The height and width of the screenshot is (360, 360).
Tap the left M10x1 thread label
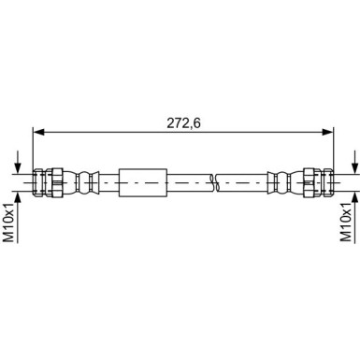[9, 223]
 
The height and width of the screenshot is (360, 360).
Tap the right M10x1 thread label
[350, 223]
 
